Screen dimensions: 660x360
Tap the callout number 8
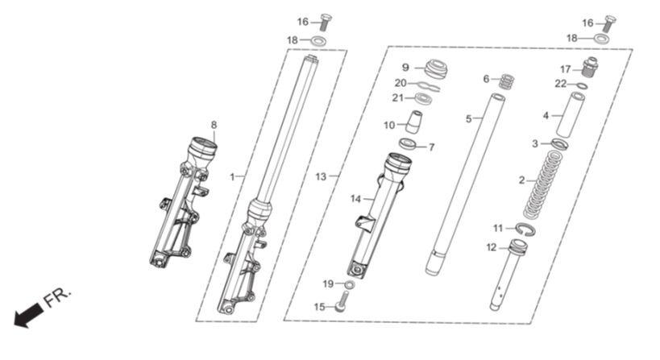coord(214,125)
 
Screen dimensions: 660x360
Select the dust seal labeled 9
coord(436,69)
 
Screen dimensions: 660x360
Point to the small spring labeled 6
coord(507,81)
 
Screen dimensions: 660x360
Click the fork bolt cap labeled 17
coord(590,68)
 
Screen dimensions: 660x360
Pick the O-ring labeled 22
coord(582,86)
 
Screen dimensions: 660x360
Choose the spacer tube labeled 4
coord(571,114)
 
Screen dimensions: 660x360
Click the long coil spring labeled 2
coord(543,184)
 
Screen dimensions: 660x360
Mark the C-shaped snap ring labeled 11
coord(525,230)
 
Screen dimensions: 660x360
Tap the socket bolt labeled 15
coord(342,304)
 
